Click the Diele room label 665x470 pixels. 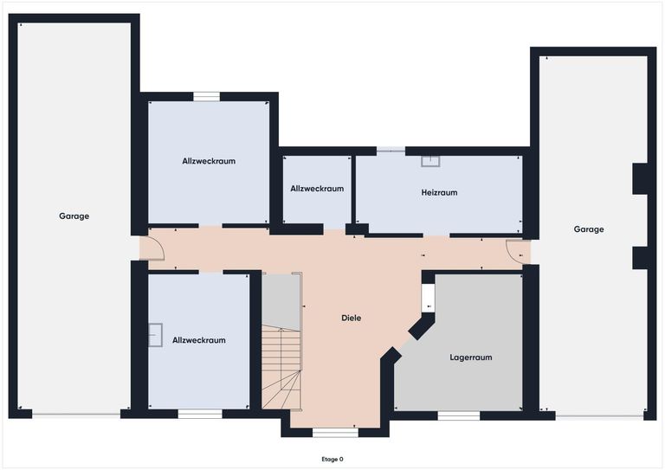tap(351, 318)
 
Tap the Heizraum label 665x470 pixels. tap(439, 192)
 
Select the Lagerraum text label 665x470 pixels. tap(471, 357)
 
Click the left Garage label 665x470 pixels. tap(74, 216)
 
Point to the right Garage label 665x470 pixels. tap(589, 229)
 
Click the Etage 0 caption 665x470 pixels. tap(332, 459)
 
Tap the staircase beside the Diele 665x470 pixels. tap(282, 368)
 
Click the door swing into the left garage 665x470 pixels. tap(152, 248)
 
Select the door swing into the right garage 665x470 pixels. tap(519, 252)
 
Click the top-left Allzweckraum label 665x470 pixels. tap(209, 161)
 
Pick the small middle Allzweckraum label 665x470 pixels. tap(317, 188)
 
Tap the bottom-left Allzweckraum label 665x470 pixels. tap(198, 340)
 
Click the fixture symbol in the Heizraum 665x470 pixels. tap(430, 160)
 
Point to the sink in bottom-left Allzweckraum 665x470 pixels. tap(155, 335)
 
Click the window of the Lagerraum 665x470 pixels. tap(458, 415)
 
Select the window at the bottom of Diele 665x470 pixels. tap(334, 431)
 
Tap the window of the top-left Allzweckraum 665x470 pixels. tap(206, 97)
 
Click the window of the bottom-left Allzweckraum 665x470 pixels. tap(200, 415)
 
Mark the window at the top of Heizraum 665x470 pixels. tap(391, 151)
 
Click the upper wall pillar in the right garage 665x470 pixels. tap(641, 178)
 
